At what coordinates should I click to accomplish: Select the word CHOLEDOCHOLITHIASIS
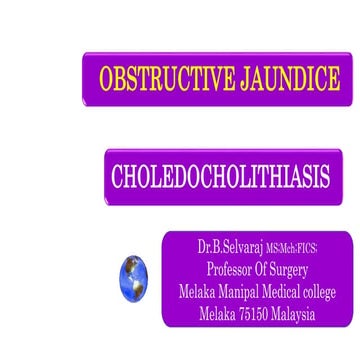221,177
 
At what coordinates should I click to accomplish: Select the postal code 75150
261,314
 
